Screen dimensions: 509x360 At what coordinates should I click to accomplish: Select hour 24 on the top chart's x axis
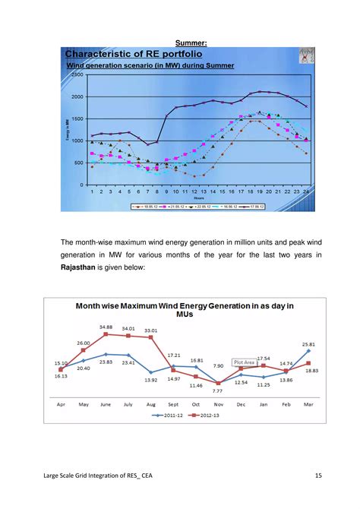pos(306,192)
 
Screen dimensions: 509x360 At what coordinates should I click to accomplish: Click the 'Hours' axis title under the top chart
pos(198,198)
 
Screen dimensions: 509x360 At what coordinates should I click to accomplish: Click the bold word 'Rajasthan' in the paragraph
pos(84,268)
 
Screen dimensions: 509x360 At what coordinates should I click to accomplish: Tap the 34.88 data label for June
pos(106,327)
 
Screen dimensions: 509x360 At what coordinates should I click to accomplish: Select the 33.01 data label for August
pos(151,330)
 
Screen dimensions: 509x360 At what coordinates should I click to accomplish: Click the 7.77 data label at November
pos(219,390)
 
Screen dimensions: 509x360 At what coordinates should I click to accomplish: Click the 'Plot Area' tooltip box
pos(245,363)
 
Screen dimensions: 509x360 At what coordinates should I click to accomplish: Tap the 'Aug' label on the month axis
pos(151,404)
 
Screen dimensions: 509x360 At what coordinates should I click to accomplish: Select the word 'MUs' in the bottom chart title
pos(185,314)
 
